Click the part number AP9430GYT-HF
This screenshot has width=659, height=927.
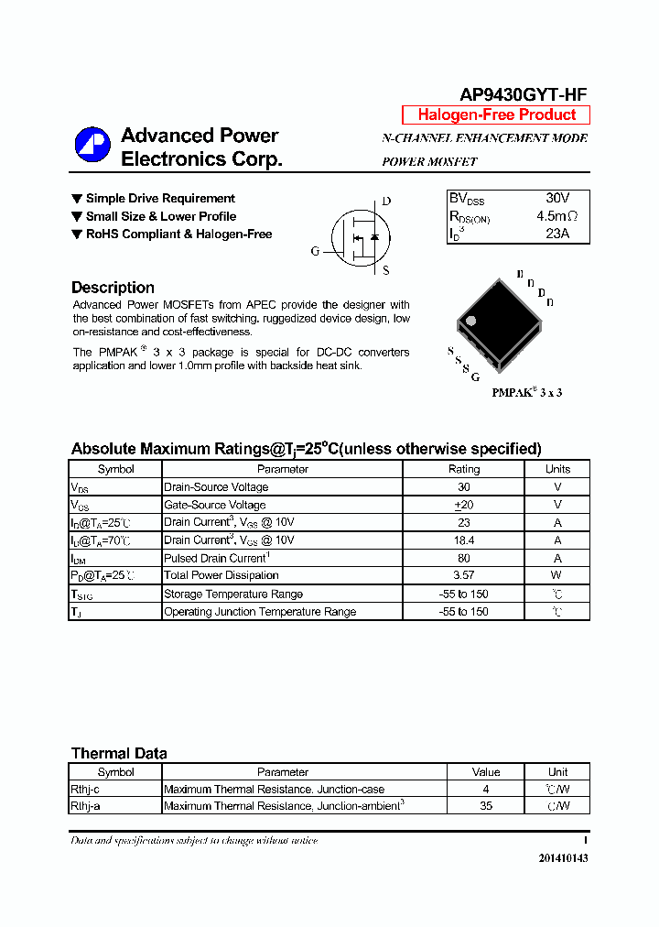524,94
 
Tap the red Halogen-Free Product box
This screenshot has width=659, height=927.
496,115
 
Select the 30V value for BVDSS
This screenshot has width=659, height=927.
556,199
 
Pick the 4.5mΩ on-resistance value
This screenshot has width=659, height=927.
556,216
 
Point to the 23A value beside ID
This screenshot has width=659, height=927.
556,234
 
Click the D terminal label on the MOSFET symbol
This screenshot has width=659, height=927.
386,202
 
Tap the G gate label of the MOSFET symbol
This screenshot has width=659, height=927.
315,251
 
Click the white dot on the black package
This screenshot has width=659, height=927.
471,321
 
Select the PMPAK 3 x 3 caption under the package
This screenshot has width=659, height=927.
526,392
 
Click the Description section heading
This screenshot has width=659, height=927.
113,288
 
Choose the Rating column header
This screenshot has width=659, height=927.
463,469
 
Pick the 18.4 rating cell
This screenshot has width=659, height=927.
463,540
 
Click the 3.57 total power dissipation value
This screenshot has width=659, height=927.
463,575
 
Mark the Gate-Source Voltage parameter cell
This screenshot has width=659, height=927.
215,505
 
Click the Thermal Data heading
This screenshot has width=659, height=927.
119,753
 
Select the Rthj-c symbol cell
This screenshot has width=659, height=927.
85,789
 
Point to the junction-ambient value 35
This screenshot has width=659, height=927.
486,806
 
